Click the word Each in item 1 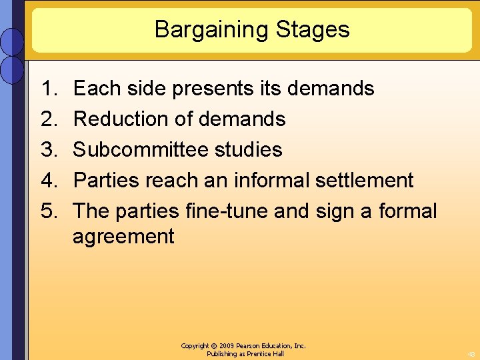pyautogui.click(x=95, y=89)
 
